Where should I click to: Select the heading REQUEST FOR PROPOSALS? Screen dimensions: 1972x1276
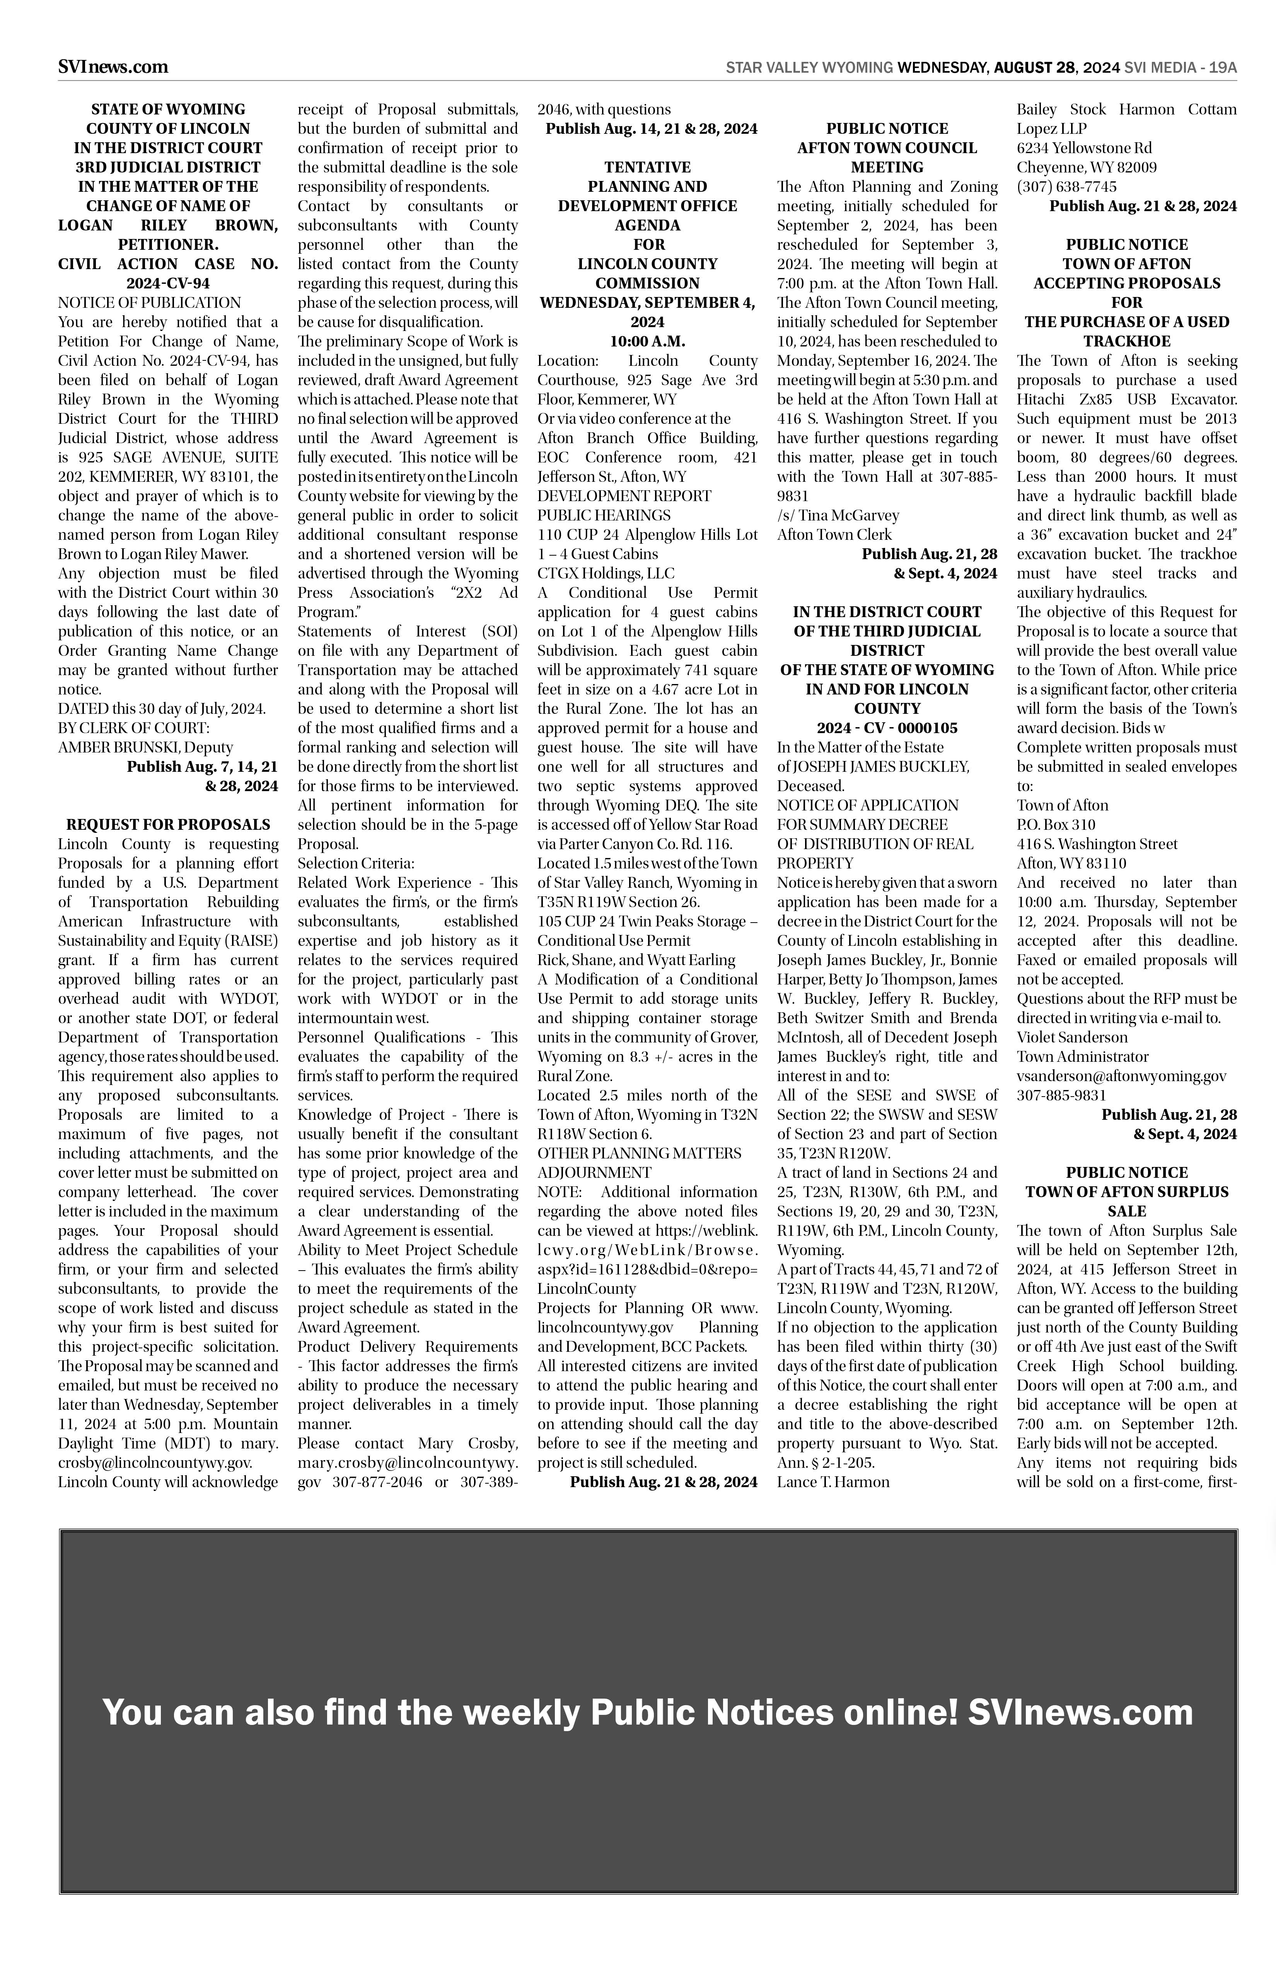coord(168,824)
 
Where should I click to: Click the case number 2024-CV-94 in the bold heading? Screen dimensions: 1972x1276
coord(168,283)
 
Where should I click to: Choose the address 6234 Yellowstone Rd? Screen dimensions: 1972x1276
coord(1084,147)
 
